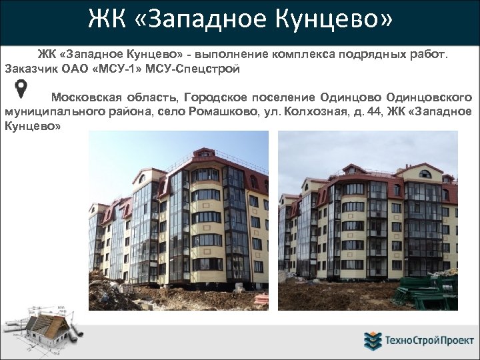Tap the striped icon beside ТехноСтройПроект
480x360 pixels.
[x=372, y=341]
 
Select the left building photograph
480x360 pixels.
[x=179, y=220]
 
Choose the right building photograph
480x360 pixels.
[x=367, y=220]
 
